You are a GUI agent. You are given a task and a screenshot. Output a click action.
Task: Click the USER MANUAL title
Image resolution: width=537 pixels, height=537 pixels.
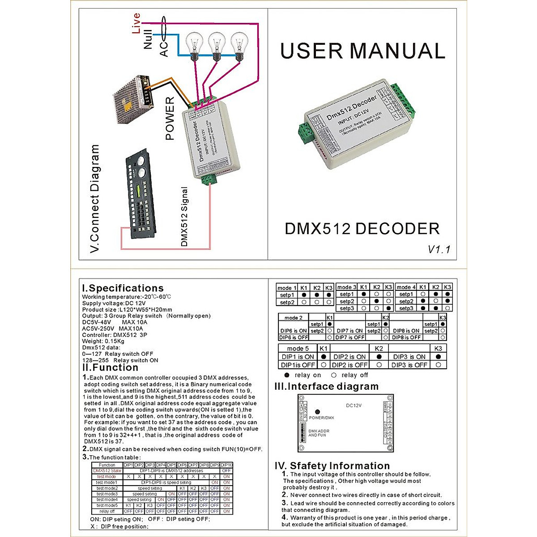click(362, 51)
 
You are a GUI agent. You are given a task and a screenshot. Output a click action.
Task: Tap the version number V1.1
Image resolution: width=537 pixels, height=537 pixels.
click(439, 249)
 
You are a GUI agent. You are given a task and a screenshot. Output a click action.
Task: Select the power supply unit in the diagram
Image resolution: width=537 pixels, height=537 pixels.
click(132, 99)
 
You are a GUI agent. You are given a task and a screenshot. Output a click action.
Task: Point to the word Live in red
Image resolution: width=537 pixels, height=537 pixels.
click(136, 23)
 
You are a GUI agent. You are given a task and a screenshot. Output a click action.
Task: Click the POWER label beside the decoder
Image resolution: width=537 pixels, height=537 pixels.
click(170, 119)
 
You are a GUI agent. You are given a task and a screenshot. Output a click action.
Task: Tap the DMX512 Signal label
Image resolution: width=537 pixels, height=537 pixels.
click(184, 217)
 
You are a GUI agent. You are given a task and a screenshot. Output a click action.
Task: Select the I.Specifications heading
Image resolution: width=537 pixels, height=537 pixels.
click(123, 288)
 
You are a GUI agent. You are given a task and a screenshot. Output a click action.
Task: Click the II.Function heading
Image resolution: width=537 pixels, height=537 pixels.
click(110, 367)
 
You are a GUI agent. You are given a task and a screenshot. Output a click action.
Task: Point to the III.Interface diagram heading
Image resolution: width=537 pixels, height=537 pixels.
click(326, 386)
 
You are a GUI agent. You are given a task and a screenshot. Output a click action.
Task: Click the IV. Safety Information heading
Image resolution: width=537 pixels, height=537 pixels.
click(332, 466)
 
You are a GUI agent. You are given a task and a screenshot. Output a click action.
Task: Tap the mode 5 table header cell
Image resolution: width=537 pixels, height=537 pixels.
click(298, 348)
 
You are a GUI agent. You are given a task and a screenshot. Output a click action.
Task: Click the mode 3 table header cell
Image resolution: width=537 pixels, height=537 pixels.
click(347, 287)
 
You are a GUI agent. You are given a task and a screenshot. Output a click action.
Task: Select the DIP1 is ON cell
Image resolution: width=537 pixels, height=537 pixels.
click(298, 357)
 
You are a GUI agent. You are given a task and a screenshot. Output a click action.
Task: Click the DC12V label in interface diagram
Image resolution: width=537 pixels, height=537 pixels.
click(354, 405)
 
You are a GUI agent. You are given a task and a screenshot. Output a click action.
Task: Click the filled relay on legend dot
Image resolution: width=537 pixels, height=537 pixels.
click(287, 375)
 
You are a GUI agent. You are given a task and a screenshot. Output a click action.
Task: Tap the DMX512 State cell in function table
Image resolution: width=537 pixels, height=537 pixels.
click(107, 471)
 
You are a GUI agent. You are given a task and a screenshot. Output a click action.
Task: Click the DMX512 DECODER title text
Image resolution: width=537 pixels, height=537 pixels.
click(362, 229)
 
